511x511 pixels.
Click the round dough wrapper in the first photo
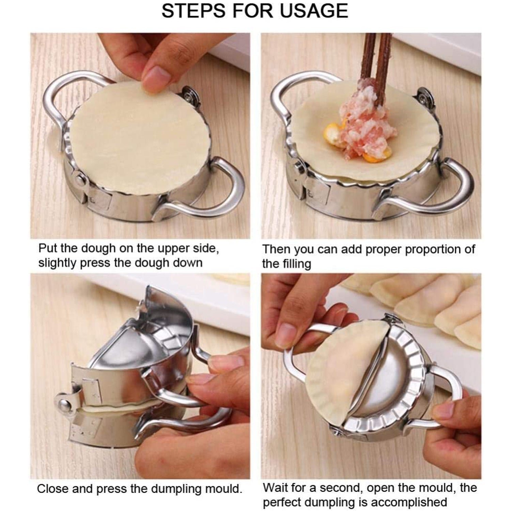pyautogui.click(x=136, y=136)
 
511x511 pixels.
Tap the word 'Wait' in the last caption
pyautogui.click(x=275, y=487)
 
